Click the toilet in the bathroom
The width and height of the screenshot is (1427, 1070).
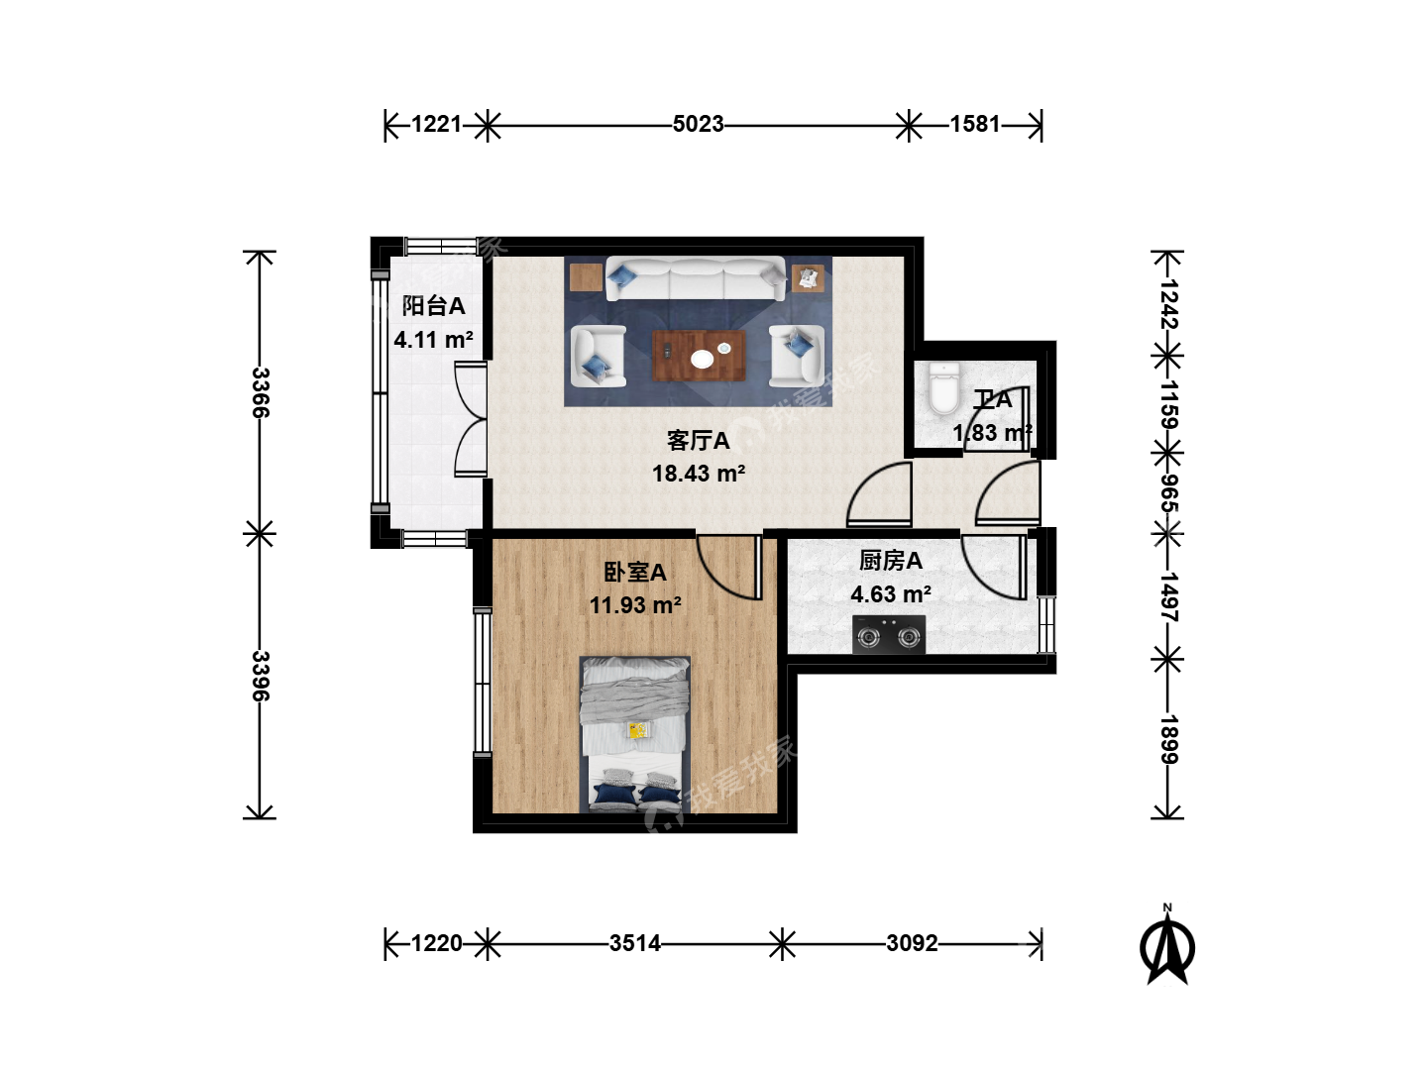click(x=944, y=388)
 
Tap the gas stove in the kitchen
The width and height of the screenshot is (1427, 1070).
click(x=889, y=634)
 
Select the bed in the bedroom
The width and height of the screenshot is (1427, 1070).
click(x=634, y=734)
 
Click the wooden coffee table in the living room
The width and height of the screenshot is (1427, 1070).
click(x=699, y=356)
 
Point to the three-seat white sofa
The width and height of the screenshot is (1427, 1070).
click(x=696, y=278)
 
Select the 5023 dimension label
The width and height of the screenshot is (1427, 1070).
click(x=699, y=124)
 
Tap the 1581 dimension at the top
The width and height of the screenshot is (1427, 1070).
click(x=974, y=124)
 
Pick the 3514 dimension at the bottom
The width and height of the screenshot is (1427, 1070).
click(x=635, y=943)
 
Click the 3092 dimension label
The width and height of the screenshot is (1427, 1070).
click(x=912, y=943)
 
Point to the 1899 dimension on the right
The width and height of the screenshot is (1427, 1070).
click(x=1168, y=739)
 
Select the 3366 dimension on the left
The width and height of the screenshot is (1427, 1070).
click(x=260, y=392)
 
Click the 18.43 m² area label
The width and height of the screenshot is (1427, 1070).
click(x=699, y=474)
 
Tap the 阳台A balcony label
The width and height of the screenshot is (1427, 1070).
click(x=433, y=306)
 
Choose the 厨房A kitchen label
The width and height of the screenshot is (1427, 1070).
click(x=891, y=561)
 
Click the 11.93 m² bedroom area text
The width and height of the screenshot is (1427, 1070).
click(x=635, y=605)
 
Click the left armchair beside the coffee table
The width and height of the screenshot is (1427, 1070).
click(x=599, y=356)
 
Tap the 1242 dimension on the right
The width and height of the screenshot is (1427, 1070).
click(x=1168, y=304)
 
